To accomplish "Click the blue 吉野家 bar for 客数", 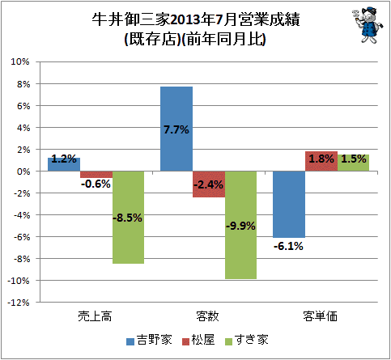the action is [176, 129].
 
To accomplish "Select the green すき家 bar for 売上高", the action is [128, 218].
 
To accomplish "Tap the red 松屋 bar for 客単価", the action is [321, 161].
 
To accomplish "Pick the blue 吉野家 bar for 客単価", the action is [289, 205].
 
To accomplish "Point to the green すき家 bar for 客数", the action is [240, 225].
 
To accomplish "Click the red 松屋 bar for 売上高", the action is [96, 175].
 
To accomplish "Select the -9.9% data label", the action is [240, 226].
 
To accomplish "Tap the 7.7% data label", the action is [176, 130].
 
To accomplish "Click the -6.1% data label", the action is [288, 246].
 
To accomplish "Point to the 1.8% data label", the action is [321, 159].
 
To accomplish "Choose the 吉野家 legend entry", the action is [149, 340].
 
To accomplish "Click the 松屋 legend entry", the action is [198, 340].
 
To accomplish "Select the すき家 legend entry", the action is [247, 340].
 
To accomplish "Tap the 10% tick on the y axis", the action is [20, 61].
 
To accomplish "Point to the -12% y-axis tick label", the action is [19, 303].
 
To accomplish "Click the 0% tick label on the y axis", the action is [23, 172].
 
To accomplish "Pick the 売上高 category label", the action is [95, 316].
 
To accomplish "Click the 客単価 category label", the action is [320, 316].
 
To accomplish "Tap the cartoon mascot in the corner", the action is [368, 25].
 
